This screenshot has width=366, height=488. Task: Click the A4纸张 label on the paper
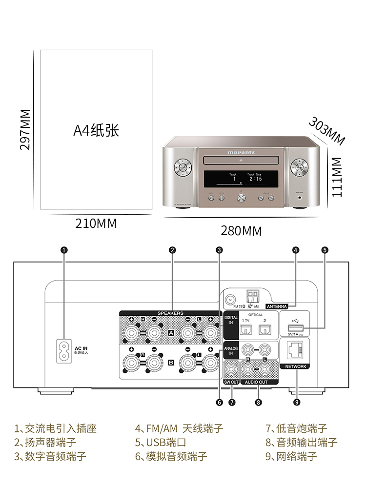(96, 131)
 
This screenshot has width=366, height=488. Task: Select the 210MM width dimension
(96, 224)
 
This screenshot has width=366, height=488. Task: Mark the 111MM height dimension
(337, 177)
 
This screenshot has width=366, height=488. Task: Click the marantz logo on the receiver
(241, 152)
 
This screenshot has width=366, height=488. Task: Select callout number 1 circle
(63, 250)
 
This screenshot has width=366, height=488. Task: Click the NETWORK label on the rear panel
(295, 366)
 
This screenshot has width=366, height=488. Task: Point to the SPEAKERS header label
(170, 313)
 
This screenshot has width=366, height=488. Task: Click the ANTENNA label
(276, 306)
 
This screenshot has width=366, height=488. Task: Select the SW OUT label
(231, 382)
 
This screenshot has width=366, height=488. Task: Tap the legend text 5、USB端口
(161, 443)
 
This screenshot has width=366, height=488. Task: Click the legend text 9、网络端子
(291, 456)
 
